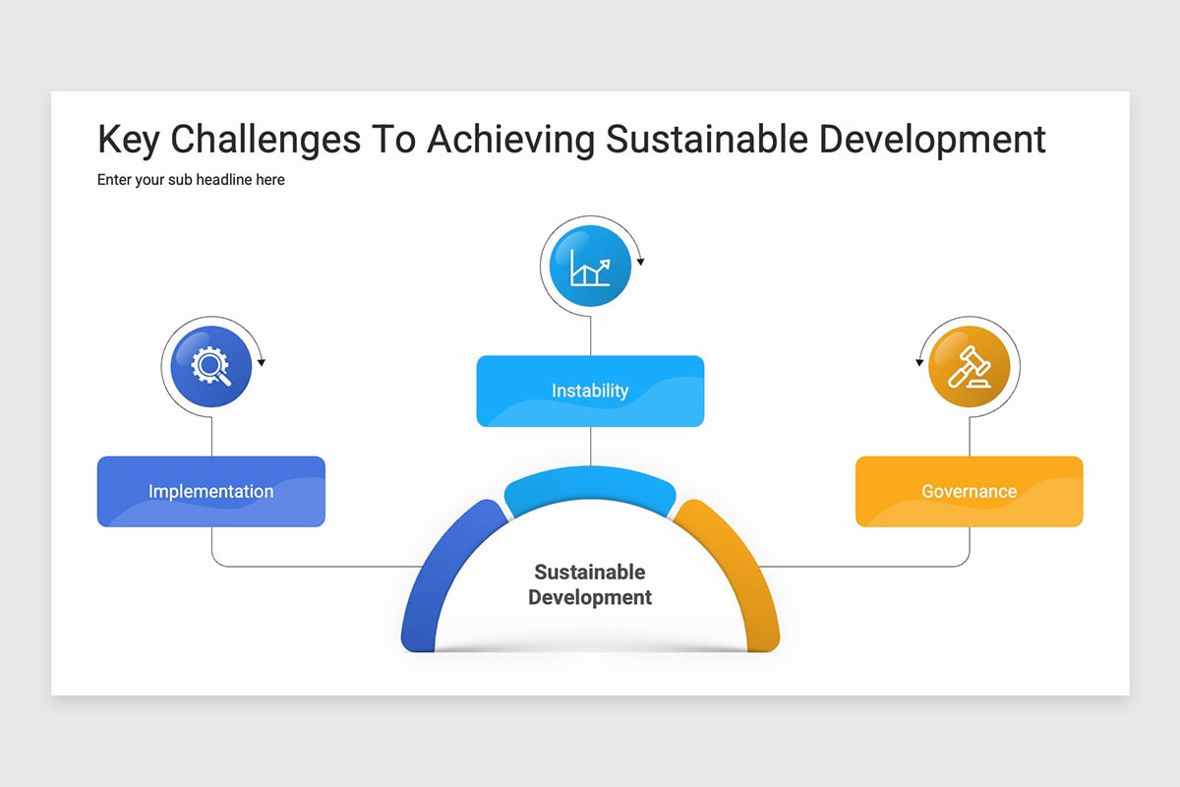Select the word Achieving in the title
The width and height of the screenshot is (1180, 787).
510,141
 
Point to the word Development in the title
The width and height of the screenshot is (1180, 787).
932,141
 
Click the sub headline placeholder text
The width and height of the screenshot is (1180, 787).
191,180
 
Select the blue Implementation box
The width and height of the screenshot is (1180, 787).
210,491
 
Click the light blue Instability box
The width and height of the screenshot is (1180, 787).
590,391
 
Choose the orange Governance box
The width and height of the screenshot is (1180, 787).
969,491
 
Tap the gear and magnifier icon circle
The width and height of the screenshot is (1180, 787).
210,366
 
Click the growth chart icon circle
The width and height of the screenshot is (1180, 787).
590,266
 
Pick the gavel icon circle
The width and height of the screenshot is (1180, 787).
969,366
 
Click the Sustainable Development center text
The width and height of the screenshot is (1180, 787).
590,584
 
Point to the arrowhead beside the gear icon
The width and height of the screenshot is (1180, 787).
262,363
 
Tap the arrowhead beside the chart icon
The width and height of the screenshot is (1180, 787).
641,263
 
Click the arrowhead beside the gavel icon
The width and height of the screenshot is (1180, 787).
919,363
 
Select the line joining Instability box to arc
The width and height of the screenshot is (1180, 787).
590,447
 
